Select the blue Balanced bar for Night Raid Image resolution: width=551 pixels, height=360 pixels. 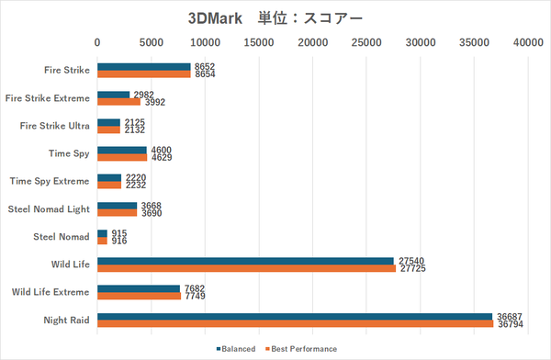(x=295, y=317)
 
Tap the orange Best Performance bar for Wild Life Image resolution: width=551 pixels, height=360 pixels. (x=246, y=269)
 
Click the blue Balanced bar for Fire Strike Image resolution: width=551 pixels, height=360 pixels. (x=144, y=66)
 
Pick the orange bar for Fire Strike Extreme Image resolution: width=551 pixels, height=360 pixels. (x=119, y=102)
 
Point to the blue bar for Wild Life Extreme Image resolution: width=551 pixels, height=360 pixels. (x=139, y=289)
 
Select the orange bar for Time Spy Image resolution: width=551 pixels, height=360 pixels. (x=122, y=157)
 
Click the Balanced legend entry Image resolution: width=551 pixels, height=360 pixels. (x=236, y=349)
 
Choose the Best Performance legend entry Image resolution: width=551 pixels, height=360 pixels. (x=302, y=349)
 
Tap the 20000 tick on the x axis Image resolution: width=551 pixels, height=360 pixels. (x=313, y=41)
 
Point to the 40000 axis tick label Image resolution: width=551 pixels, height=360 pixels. (x=528, y=41)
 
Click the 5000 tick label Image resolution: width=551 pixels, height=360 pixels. (x=152, y=41)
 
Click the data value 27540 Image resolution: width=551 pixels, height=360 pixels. (x=409, y=261)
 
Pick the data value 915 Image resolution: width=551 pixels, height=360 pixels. (x=118, y=233)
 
